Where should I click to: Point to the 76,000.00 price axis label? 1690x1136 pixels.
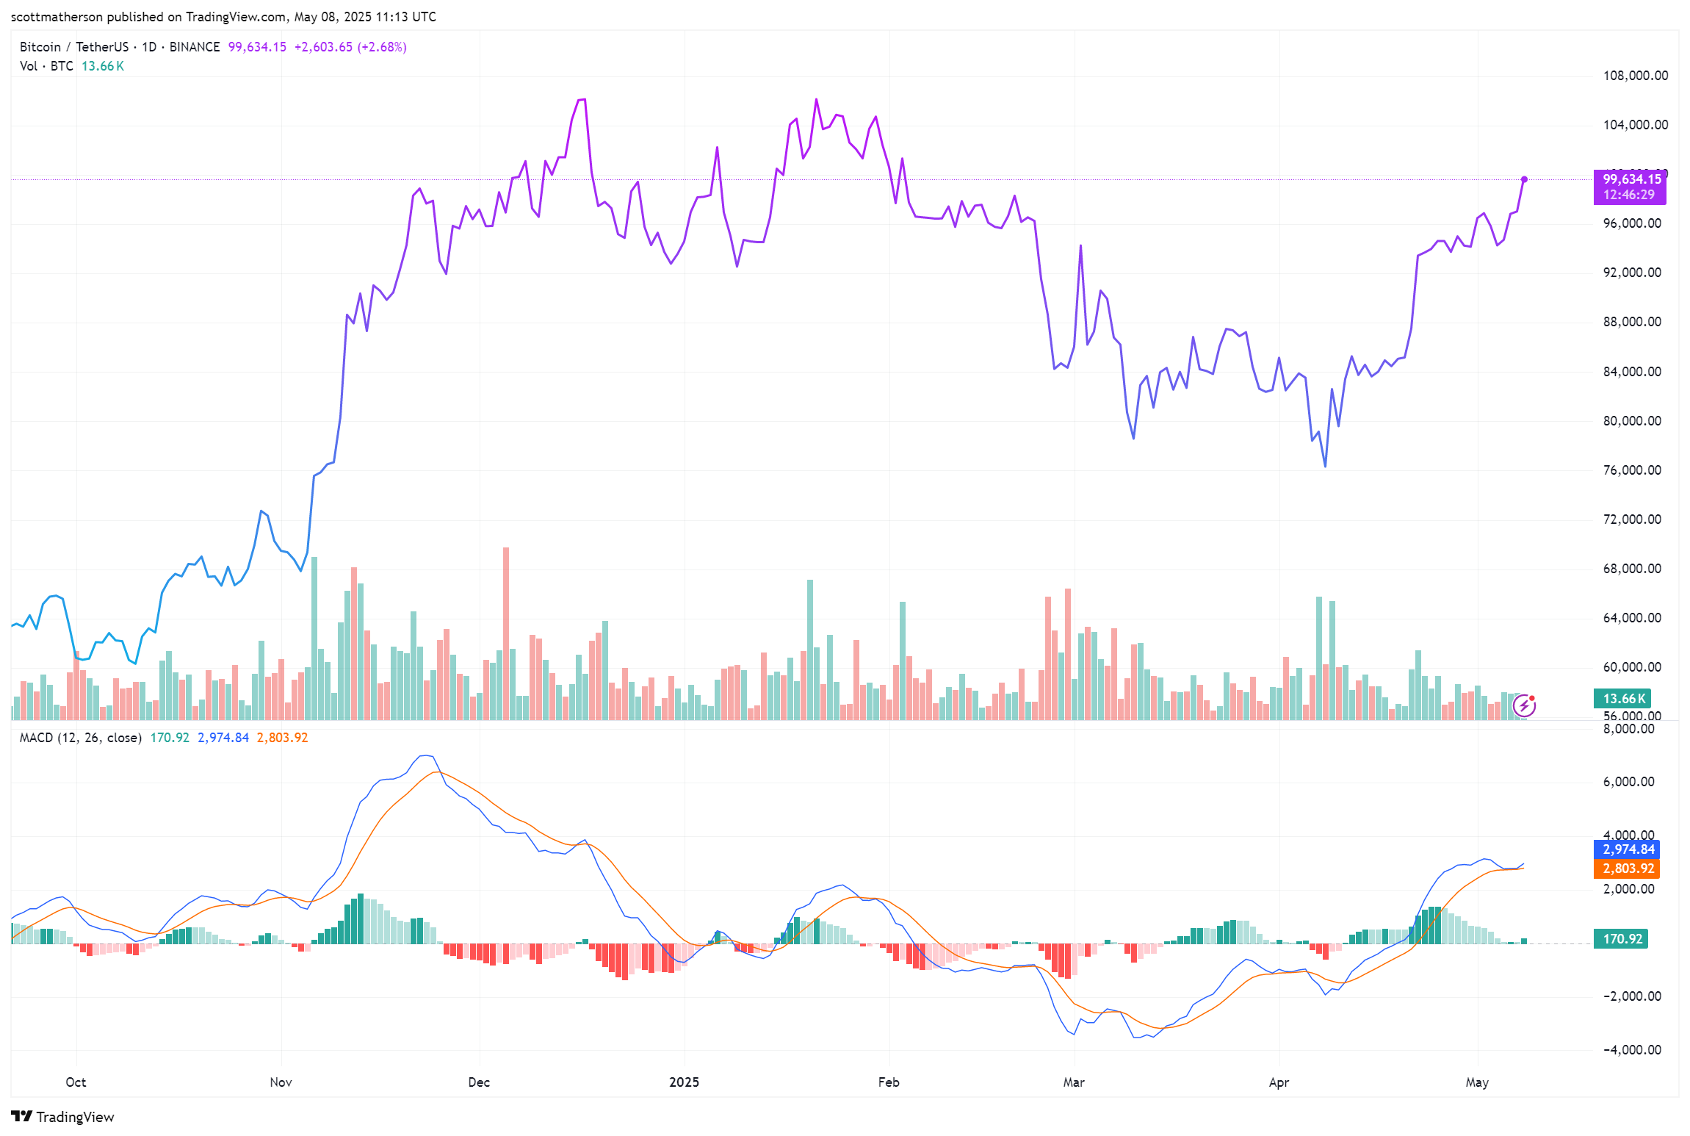1631,470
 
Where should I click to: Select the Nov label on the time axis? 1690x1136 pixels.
281,1082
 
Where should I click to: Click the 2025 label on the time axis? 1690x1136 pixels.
684,1082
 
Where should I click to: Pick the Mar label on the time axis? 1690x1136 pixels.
1073,1082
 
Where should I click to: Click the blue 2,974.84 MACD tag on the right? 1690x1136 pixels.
1628,849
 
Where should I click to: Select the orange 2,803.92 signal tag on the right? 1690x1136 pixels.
1628,869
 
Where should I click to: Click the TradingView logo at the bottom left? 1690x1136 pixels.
63,1117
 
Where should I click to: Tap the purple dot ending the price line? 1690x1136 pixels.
1524,179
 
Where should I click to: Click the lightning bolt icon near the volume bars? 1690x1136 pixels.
1525,705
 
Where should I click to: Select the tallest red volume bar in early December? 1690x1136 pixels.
505,632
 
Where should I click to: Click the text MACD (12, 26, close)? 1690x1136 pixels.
80,738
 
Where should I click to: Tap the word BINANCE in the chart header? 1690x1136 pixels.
195,47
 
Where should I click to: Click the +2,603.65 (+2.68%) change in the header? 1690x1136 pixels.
350,47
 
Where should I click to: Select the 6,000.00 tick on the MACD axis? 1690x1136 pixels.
1628,782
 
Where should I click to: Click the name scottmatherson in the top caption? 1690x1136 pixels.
57,17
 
